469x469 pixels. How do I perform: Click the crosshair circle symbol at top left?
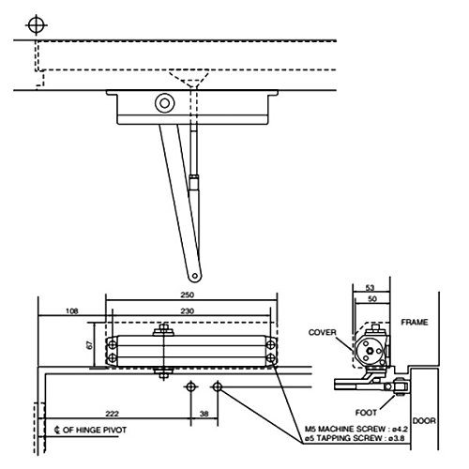(36, 23)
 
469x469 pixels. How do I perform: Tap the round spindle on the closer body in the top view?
(165, 103)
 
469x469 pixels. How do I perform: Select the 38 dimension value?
(204, 414)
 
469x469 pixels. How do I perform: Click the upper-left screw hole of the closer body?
(113, 343)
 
